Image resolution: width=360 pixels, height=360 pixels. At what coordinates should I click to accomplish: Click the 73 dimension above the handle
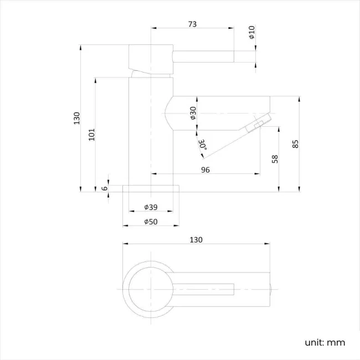pos(192,24)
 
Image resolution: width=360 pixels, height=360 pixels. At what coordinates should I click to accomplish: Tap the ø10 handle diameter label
pos(251,33)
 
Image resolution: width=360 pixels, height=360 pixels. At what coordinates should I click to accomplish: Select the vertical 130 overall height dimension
pos(76,118)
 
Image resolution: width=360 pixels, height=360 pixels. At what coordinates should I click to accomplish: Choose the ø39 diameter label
pos(151,207)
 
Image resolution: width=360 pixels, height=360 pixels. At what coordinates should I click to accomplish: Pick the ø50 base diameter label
pos(151,221)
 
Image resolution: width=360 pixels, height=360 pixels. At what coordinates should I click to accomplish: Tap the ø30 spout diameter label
pos(193,114)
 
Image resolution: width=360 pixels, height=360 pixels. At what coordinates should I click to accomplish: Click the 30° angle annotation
pos(202,145)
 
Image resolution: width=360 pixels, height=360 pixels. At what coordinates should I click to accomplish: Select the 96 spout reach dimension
pos(205,170)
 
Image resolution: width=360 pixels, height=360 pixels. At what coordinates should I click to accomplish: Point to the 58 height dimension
pos(275,158)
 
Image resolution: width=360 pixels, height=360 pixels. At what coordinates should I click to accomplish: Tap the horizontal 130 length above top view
pos(196,240)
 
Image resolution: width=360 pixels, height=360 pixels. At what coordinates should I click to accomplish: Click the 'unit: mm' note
pos(325,342)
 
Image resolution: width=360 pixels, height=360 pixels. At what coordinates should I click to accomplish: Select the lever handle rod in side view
pos(205,56)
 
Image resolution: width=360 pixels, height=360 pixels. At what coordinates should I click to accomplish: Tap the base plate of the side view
pos(151,188)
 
